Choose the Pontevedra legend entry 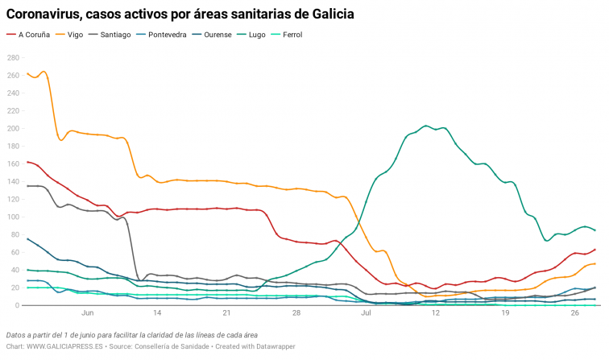[169, 35]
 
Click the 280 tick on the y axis [13, 58]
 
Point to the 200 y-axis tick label [13, 129]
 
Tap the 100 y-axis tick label [13, 217]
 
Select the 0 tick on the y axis [18, 306]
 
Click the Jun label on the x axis [88, 313]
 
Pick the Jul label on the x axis [367, 313]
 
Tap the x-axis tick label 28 [296, 313]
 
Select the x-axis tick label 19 [505, 313]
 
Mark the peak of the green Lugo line [426, 126]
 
